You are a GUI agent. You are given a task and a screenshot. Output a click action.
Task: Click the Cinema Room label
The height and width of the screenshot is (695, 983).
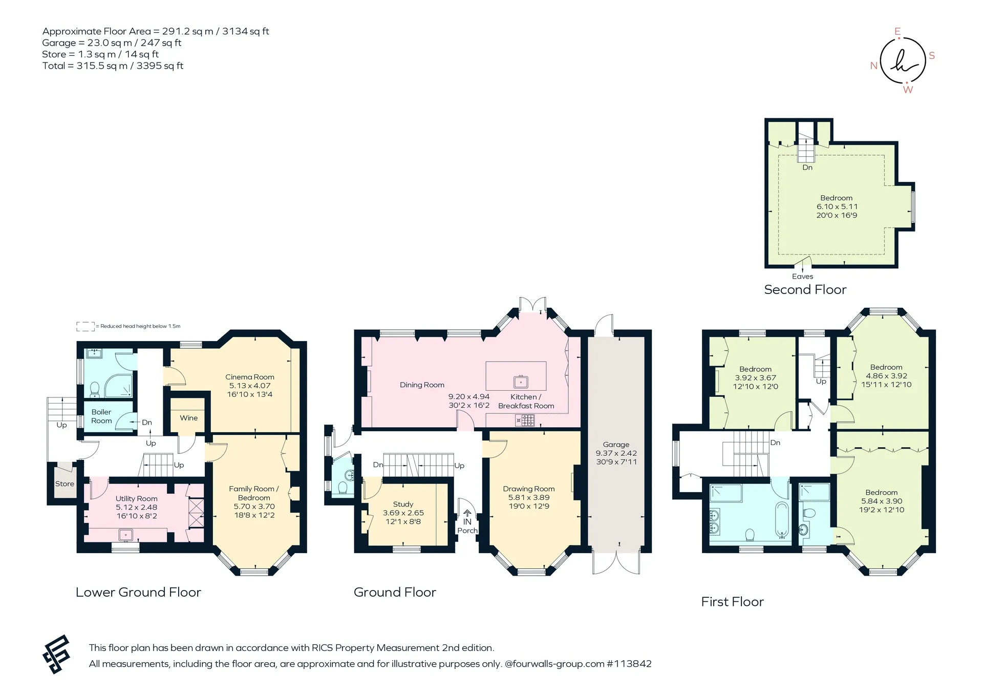(250, 377)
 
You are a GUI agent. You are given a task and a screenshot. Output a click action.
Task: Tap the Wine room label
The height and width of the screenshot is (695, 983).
(188, 418)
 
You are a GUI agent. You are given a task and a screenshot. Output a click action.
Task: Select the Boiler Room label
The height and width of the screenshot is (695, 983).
(101, 416)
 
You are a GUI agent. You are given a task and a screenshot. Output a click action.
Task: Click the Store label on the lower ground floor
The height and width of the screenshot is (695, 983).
(65, 483)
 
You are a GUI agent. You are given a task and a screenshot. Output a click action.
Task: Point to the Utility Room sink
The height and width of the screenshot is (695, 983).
(125, 535)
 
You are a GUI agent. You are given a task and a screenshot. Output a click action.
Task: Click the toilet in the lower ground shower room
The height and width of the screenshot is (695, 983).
(95, 389)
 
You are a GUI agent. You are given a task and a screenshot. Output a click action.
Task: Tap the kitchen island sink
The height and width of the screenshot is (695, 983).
(521, 382)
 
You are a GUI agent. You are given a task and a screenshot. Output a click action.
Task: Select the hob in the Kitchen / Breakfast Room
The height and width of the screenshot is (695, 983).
(525, 421)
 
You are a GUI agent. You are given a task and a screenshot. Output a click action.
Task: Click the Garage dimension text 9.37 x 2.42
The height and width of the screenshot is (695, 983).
(616, 453)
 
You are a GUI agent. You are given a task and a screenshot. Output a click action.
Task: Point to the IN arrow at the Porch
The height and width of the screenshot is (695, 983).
(467, 513)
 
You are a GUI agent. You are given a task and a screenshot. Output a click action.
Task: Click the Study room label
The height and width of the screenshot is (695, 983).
(403, 504)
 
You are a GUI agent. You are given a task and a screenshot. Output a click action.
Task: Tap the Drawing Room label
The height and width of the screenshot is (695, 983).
(529, 489)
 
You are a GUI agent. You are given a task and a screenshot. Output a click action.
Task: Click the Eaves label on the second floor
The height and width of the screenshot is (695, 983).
(802, 277)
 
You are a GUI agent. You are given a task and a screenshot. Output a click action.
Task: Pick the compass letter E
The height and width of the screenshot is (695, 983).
(897, 32)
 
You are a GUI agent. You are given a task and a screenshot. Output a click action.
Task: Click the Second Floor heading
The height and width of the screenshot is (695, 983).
(805, 290)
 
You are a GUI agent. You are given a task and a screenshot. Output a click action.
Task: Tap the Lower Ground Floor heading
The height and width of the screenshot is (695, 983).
(138, 593)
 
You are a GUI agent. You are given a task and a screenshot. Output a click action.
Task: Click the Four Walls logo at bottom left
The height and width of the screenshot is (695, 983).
(56, 655)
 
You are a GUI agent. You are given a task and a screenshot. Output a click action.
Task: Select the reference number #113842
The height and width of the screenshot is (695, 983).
(629, 664)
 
